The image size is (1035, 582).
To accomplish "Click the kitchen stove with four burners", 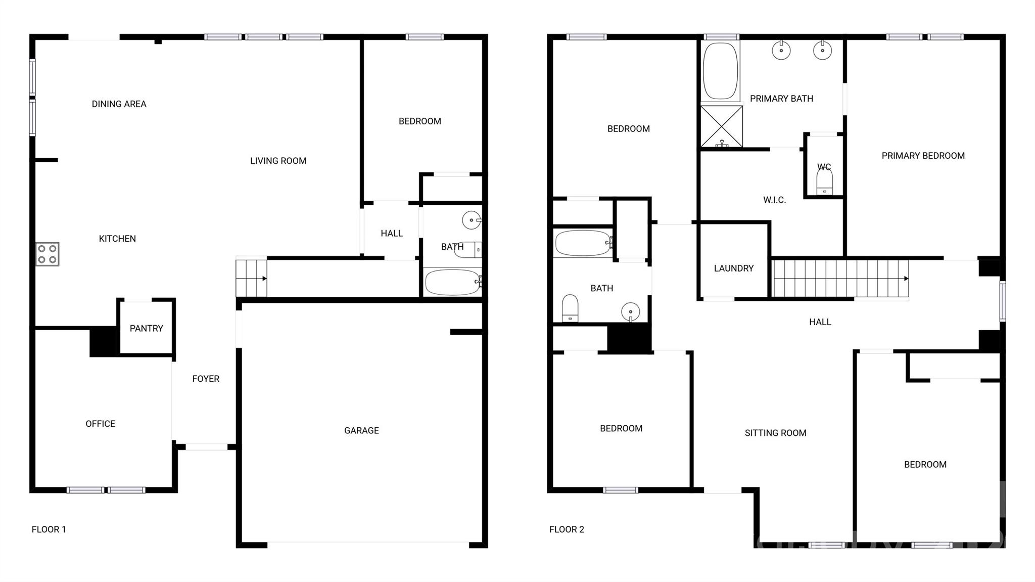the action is (x=48, y=254).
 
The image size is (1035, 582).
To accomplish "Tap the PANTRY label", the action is (x=147, y=329).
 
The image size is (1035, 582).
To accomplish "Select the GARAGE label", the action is (x=361, y=430).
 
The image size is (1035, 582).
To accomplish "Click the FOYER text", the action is (x=206, y=379).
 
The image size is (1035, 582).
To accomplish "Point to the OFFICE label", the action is (x=100, y=424).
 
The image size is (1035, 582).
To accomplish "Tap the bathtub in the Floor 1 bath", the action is (x=453, y=282).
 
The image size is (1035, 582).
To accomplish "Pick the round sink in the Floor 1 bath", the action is (x=472, y=220).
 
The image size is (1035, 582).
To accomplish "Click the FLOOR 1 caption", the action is (x=49, y=529).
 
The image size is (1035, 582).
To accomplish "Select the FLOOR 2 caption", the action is (x=567, y=529).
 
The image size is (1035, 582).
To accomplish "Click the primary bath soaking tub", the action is (x=720, y=71).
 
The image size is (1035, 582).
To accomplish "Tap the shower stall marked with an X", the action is (x=722, y=126).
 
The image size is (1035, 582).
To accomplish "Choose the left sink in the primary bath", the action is (x=781, y=50).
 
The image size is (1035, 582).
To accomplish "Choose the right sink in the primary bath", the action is (x=822, y=50).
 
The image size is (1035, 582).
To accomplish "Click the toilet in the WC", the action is (x=824, y=181).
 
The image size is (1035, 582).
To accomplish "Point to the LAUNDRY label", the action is (x=734, y=268).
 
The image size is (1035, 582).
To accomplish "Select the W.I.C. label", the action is (x=774, y=200).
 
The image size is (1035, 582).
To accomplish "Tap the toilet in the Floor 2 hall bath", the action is (x=570, y=308).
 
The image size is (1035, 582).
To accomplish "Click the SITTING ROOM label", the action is (x=775, y=433).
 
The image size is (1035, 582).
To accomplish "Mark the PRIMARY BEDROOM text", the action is (x=923, y=156).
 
